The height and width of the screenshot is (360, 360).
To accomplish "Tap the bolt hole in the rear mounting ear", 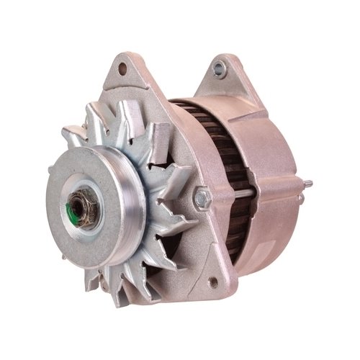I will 219,69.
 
